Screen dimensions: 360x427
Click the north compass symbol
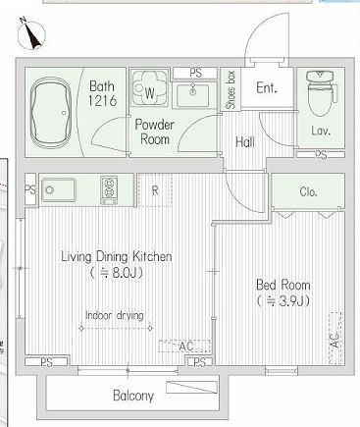[31, 33]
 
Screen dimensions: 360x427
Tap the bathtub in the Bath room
[50, 111]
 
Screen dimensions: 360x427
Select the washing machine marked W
[150, 87]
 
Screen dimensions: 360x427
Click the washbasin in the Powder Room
[193, 95]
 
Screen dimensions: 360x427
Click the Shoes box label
[231, 89]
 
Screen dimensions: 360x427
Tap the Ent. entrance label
[267, 87]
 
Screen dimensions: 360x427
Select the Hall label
[245, 142]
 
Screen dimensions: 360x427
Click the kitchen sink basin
[59, 189]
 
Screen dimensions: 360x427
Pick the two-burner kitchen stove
[109, 190]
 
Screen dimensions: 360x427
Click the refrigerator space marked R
[155, 190]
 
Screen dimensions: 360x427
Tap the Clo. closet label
[308, 191]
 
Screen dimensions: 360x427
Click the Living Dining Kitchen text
[117, 257]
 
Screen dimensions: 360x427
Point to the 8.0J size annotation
[117, 273]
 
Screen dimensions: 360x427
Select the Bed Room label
[283, 285]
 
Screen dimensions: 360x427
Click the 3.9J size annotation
[283, 301]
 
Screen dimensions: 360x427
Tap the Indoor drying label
[115, 316]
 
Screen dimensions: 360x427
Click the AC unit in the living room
[184, 346]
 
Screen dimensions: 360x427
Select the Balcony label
[133, 396]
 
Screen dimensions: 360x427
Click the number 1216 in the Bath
[102, 100]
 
